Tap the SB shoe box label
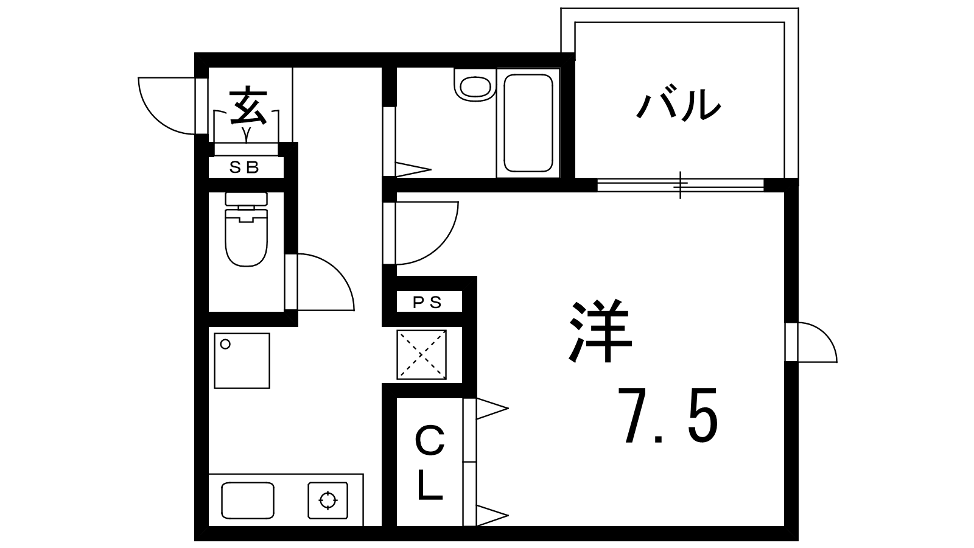click(245, 167)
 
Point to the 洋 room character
click(599, 332)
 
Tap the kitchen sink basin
click(247, 500)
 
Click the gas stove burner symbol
click(328, 501)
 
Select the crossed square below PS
click(421, 354)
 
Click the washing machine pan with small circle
click(242, 360)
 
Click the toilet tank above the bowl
click(246, 199)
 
